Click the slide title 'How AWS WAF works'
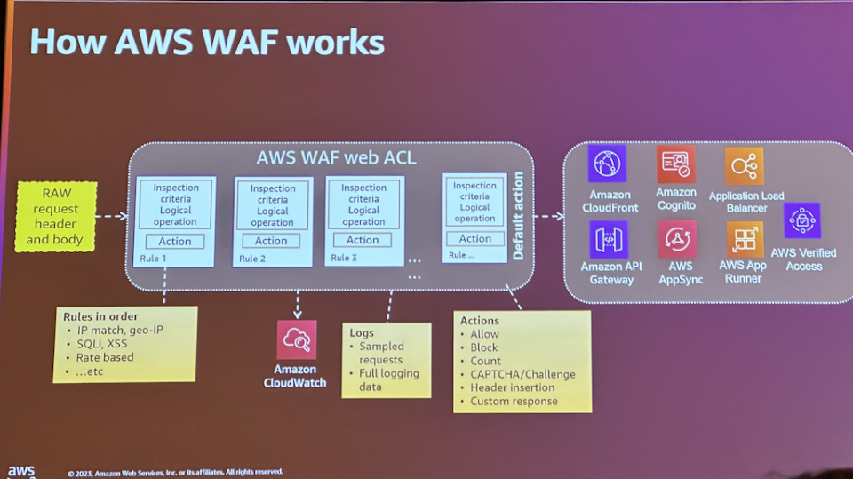(x=207, y=41)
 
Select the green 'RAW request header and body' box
(x=56, y=216)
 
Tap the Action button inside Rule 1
(x=175, y=241)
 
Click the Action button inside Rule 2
(x=271, y=241)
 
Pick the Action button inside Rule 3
(x=363, y=240)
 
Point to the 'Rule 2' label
(x=252, y=259)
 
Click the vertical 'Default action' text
(x=519, y=216)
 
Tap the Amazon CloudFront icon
(x=607, y=164)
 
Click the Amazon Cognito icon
(x=676, y=164)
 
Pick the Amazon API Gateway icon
(x=609, y=240)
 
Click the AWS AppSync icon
(x=677, y=240)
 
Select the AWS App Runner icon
(x=745, y=240)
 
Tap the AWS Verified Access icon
(x=802, y=221)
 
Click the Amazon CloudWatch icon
(x=296, y=340)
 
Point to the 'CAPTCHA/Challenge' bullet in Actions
(x=522, y=374)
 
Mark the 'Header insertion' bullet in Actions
(x=512, y=387)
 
